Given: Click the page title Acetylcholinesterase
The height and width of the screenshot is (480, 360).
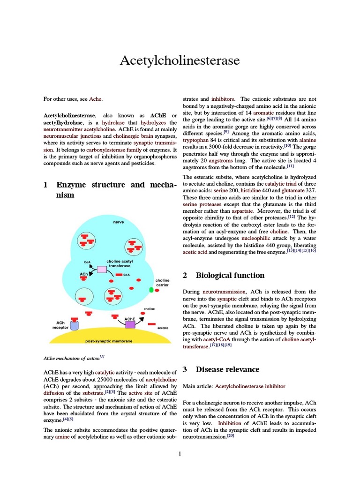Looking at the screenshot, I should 180,60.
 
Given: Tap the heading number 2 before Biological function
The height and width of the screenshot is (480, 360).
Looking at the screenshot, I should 185,275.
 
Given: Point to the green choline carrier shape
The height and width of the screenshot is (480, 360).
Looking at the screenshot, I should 151,290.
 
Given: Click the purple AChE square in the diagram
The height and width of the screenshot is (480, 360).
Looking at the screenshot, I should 130,324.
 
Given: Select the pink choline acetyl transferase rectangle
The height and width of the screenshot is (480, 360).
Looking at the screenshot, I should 102,269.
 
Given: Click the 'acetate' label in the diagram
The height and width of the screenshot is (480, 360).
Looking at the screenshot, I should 163,328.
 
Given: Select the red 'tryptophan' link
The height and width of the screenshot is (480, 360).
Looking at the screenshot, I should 196,140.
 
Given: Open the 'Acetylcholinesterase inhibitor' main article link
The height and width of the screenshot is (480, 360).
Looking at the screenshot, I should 250,386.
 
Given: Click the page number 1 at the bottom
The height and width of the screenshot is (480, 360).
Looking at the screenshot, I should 180,453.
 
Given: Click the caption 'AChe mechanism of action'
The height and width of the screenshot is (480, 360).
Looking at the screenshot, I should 71,358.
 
